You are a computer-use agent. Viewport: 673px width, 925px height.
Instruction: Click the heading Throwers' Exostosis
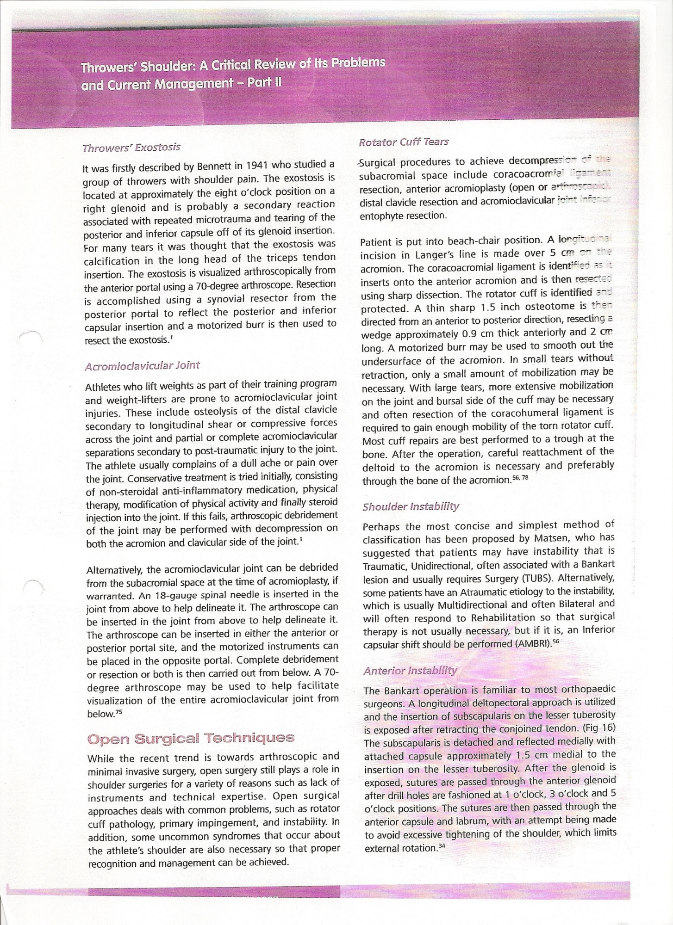(131, 148)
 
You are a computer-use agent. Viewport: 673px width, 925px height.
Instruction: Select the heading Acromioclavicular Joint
(143, 366)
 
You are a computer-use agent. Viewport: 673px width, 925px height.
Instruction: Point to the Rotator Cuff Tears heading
(404, 142)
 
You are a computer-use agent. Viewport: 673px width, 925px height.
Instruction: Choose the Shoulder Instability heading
(411, 506)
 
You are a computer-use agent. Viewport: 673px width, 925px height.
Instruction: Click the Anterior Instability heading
(410, 671)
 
